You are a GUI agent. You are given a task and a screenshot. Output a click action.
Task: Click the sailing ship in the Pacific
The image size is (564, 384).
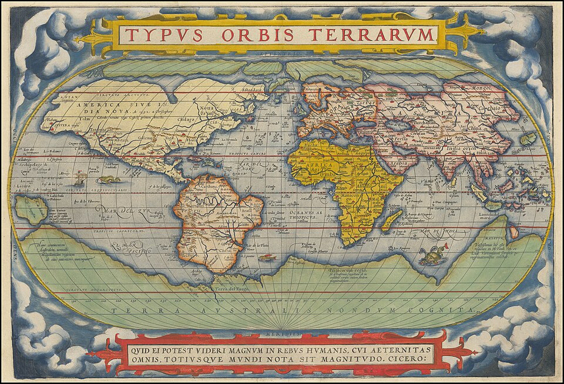coord(79,177)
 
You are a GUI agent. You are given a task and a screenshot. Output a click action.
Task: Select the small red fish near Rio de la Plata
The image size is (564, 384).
coord(267,257)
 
